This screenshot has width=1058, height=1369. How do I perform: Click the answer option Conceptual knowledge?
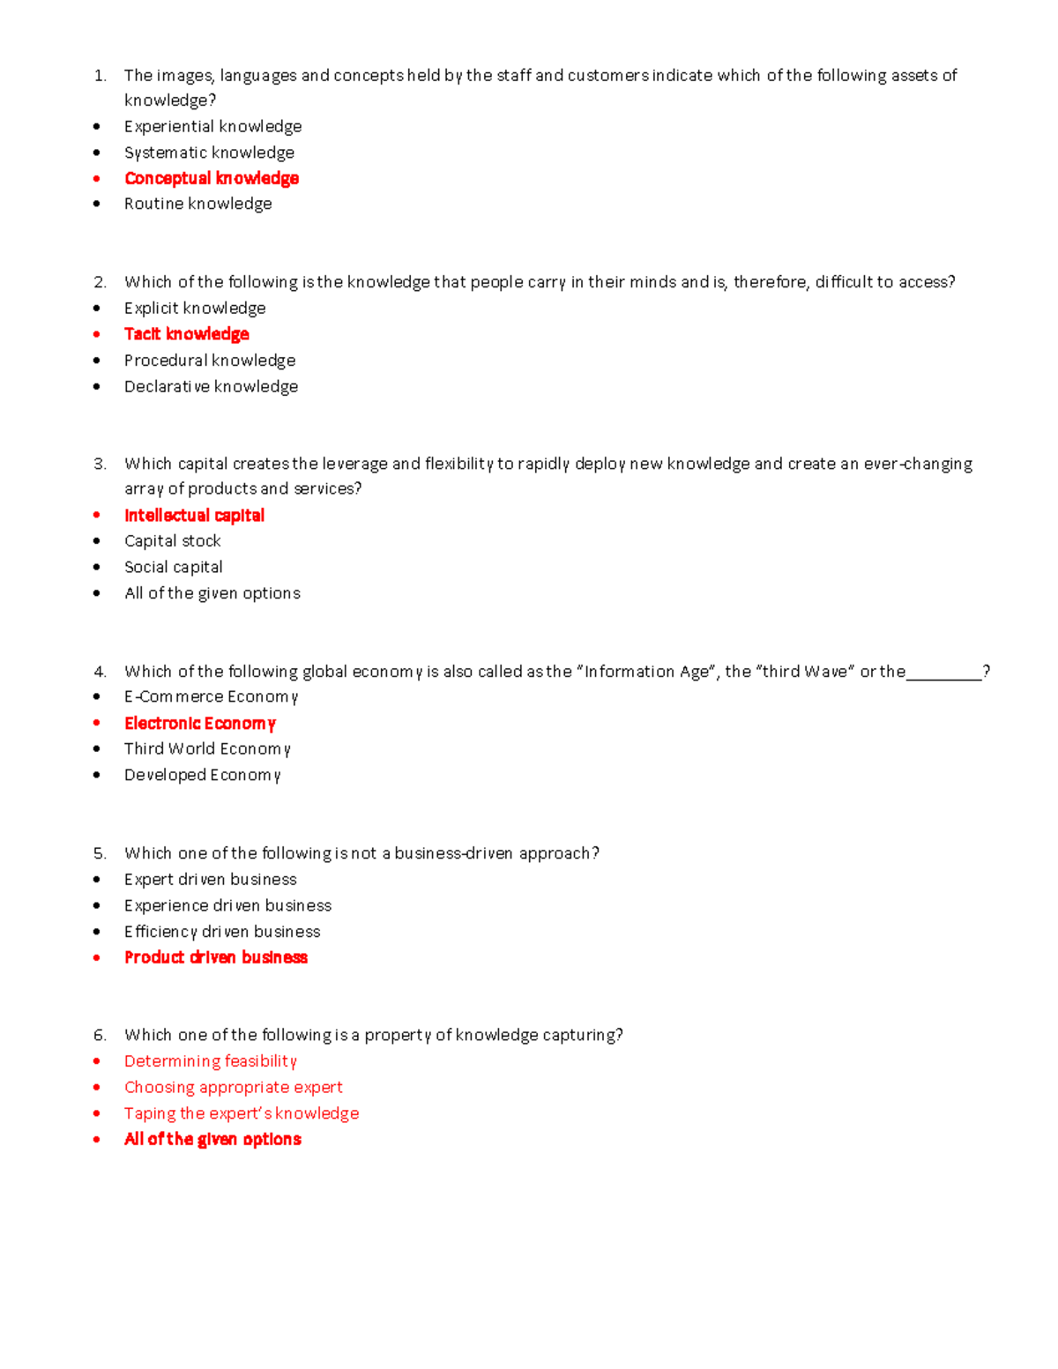point(212,178)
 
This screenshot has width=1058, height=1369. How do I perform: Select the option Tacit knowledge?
point(187,334)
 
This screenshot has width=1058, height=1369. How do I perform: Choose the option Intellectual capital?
point(194,516)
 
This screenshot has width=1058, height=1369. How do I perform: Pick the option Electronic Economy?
point(200,724)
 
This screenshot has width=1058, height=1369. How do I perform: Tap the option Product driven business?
point(216,957)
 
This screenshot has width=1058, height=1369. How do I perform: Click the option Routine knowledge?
point(197,204)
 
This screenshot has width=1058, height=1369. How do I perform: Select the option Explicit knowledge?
point(195,308)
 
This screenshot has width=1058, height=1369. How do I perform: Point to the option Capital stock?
point(172,541)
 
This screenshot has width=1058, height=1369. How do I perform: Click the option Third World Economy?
point(207,749)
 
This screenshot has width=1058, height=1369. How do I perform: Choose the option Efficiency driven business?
point(222,932)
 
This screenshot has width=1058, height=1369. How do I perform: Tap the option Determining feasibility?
point(210,1061)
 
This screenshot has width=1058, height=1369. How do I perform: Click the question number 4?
point(100,672)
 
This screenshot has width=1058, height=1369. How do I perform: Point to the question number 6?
point(100,1035)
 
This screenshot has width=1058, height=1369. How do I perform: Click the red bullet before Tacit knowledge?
point(97,334)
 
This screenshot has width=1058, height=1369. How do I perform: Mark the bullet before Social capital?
point(97,567)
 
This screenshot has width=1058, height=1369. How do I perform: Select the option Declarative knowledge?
point(211,386)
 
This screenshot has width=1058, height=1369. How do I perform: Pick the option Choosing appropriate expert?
point(233,1088)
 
